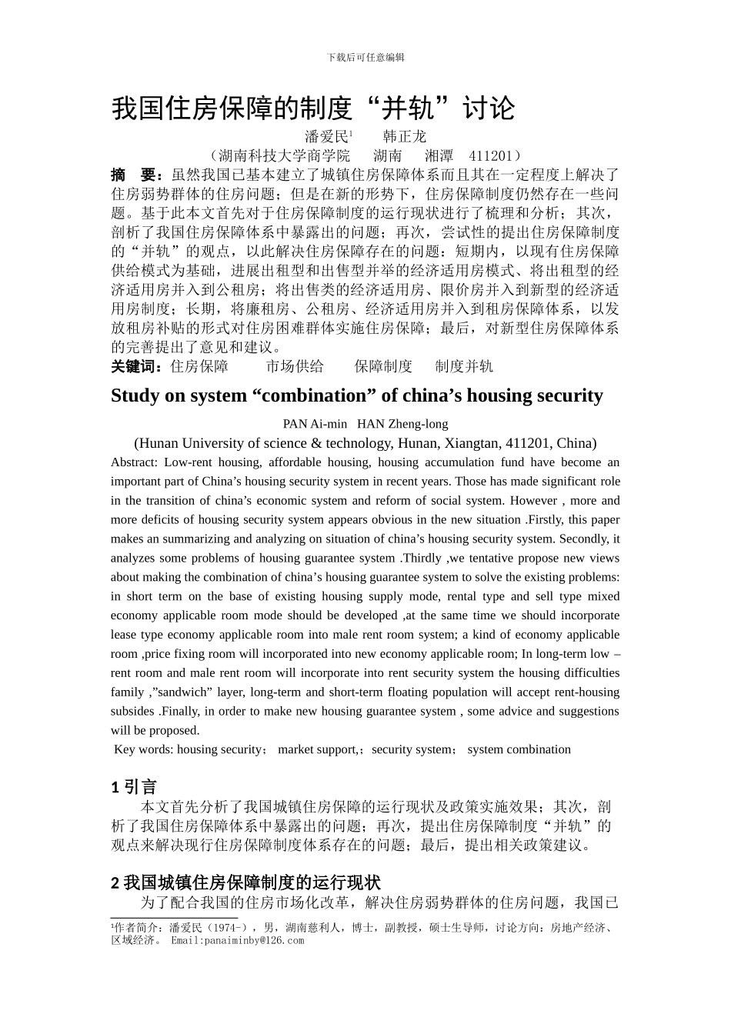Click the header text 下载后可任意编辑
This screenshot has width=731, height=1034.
(x=365, y=58)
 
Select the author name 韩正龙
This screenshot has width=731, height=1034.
(x=404, y=137)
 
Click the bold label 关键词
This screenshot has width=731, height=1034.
(x=135, y=366)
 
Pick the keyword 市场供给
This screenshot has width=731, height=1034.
(x=295, y=366)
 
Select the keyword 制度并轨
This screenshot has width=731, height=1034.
(x=464, y=366)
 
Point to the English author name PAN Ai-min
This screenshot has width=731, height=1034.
(x=315, y=424)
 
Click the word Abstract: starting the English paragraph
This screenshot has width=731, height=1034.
(x=134, y=462)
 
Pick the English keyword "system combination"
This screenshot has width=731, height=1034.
(x=519, y=749)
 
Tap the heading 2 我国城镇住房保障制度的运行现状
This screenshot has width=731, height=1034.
(x=245, y=882)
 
